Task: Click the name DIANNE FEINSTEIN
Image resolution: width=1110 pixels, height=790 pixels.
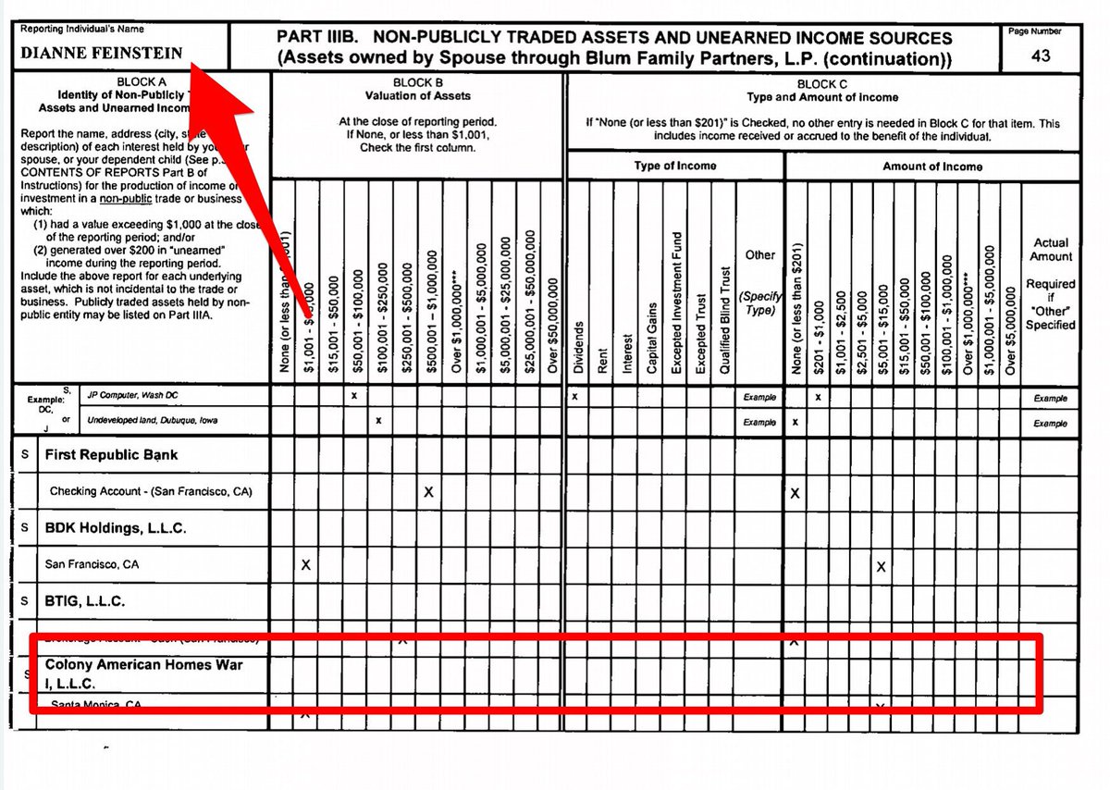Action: (x=102, y=53)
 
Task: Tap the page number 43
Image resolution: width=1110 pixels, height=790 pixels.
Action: (x=1041, y=56)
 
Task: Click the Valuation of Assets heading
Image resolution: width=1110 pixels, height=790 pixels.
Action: (x=417, y=95)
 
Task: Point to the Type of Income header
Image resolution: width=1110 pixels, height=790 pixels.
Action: (x=674, y=167)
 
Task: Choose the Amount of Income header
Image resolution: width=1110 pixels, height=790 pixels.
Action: (x=931, y=167)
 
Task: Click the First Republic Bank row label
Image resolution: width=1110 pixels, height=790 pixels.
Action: (x=111, y=455)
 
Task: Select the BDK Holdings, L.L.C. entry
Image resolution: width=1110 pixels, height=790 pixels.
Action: (x=116, y=528)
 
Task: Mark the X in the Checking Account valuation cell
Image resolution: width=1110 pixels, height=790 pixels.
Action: (x=428, y=492)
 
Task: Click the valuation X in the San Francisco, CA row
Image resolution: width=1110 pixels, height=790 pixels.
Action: (x=306, y=564)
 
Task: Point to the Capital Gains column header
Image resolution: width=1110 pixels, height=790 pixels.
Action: (x=651, y=338)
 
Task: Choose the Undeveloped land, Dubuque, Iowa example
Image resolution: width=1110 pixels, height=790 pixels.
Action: (x=153, y=421)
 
